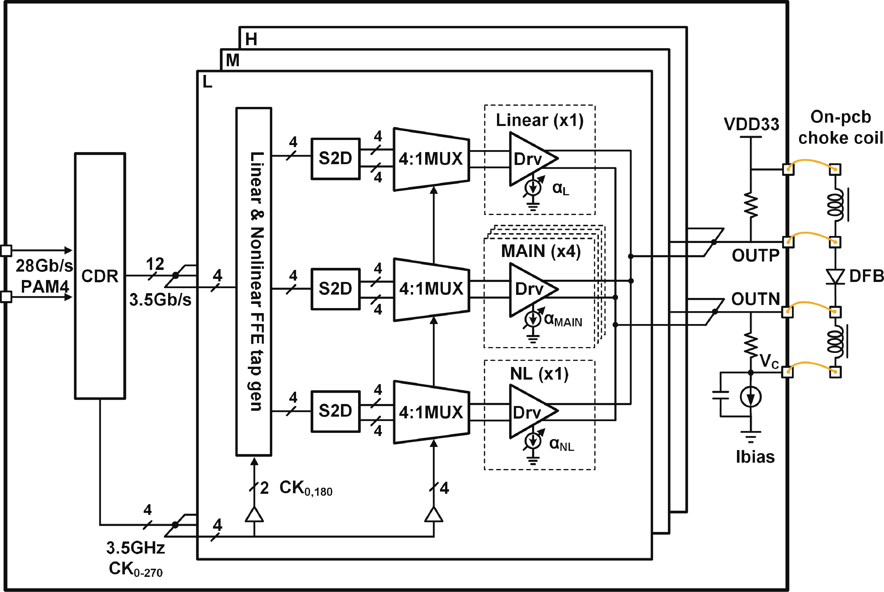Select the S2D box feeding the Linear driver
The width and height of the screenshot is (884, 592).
pos(335,159)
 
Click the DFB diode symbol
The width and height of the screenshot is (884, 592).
pos(835,276)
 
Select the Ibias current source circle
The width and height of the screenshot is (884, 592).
pos(751,397)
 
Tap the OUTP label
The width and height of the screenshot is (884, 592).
pos(755,256)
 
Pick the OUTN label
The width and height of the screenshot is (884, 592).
pos(755,299)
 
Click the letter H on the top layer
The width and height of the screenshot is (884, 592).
pos(251,39)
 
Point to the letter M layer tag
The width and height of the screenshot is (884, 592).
pos(233,60)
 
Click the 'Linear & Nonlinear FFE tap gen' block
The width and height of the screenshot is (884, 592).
pos(254,281)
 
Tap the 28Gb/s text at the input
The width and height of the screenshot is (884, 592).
pos(44,266)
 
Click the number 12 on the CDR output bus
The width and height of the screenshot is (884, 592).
pos(155,264)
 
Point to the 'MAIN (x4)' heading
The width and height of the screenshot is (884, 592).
pos(541,251)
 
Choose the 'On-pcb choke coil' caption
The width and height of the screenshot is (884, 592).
pos(841,128)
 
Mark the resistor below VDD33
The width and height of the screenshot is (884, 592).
pos(751,206)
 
